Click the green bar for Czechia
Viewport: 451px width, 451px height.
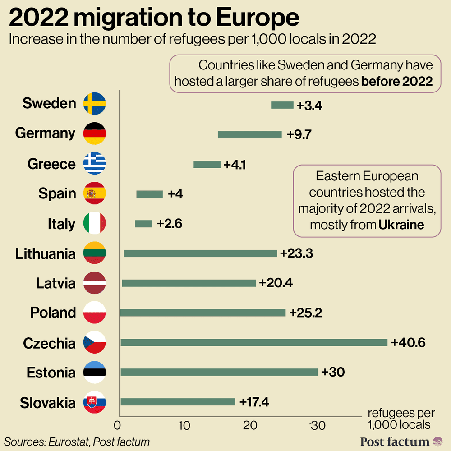tap(254, 342)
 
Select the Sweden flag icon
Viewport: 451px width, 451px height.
tap(95, 103)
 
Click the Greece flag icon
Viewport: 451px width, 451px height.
tap(95, 163)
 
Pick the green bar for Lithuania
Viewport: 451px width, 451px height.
tap(200, 253)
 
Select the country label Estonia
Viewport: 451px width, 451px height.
tap(51, 373)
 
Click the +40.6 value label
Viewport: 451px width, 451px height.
tap(408, 342)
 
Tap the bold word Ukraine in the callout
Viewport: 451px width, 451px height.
tap(401, 225)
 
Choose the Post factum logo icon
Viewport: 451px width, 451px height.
tap(437, 442)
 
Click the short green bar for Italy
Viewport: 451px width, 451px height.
tap(144, 224)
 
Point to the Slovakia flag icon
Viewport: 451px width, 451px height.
tap(95, 402)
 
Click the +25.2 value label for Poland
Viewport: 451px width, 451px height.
tap(305, 313)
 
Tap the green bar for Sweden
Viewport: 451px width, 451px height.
tap(282, 105)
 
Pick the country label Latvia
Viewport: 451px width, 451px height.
tap(55, 283)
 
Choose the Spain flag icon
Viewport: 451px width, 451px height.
tap(95, 193)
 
